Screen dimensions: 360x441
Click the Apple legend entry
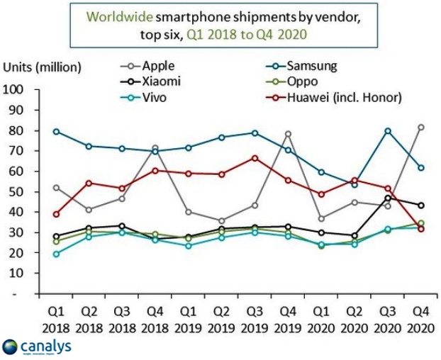tap(159, 67)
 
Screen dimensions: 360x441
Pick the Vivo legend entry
tap(154, 97)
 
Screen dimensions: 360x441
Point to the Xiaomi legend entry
tap(160, 81)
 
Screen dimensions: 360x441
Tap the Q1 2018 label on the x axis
tap(56, 321)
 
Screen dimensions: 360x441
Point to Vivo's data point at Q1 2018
tap(56, 254)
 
